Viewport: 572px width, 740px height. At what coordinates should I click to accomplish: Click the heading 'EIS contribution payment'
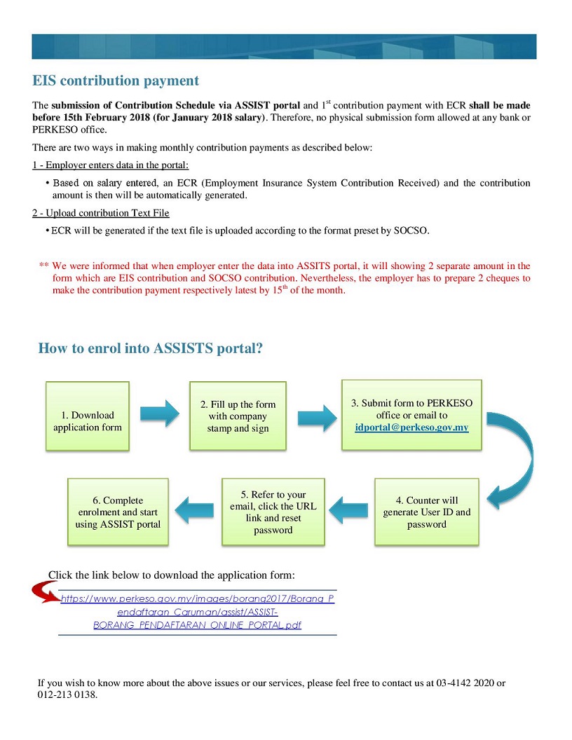(x=116, y=81)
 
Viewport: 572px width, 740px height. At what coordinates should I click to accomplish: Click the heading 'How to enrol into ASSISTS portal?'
(x=150, y=348)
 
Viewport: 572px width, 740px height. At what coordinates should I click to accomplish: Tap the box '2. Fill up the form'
(x=238, y=416)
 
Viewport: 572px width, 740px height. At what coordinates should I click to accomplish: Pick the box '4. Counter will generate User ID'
(x=427, y=512)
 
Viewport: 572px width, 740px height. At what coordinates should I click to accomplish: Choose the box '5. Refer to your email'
(x=273, y=512)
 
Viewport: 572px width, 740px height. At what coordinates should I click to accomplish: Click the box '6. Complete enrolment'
(x=118, y=512)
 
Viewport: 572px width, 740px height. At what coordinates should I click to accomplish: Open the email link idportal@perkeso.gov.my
(x=411, y=427)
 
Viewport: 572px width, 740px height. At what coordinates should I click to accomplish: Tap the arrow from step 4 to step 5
(x=349, y=509)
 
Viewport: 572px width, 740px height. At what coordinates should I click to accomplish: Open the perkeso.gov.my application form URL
(x=197, y=612)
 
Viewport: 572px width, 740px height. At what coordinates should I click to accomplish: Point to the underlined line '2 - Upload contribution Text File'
(x=101, y=213)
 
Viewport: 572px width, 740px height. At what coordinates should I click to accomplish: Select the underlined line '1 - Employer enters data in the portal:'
(x=111, y=165)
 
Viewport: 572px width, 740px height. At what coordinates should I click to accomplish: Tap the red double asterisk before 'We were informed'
(x=43, y=266)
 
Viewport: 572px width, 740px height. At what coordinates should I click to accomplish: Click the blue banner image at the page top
(x=284, y=46)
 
